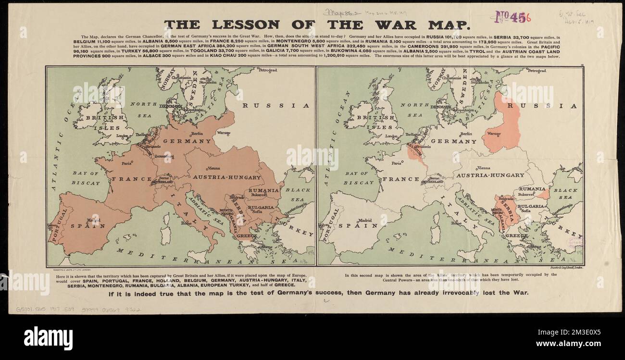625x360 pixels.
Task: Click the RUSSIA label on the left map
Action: (275, 105)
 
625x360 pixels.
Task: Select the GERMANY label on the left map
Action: (187, 141)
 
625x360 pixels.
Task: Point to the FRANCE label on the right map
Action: (401, 179)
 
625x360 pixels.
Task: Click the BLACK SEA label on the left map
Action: (298, 194)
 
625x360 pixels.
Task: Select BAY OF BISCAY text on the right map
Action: (360, 178)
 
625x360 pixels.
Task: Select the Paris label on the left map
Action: (127, 163)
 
